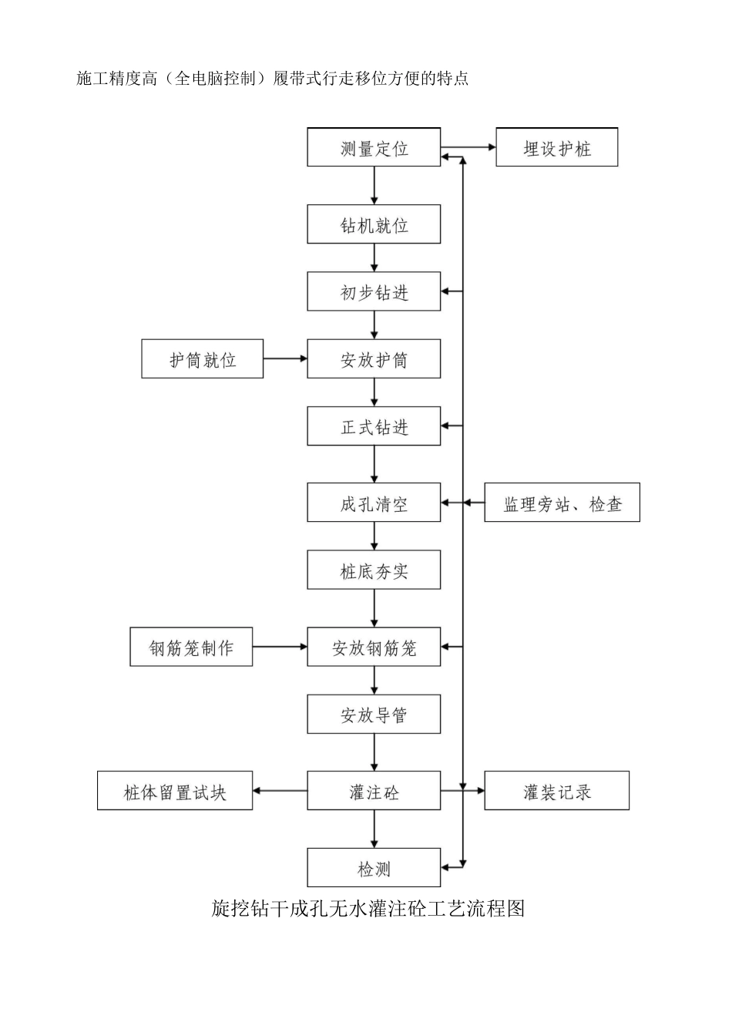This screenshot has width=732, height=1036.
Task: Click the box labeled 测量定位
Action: [374, 147]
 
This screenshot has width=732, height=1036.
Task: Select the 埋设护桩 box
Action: [556, 147]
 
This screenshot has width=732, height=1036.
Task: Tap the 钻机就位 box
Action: [374, 224]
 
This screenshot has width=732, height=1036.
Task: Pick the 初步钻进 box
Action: [374, 291]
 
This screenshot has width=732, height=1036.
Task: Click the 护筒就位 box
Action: [202, 358]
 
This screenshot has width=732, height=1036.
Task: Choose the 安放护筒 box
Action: [374, 358]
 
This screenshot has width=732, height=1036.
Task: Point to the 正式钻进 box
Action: [374, 425]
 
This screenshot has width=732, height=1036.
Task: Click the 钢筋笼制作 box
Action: [191, 647]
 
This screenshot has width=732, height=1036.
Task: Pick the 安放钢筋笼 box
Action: [374, 647]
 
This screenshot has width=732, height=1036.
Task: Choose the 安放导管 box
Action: [374, 714]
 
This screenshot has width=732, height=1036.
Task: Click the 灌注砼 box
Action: [374, 791]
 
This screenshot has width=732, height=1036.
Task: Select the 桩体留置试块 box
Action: [175, 791]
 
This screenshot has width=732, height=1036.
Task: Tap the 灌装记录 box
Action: [556, 791]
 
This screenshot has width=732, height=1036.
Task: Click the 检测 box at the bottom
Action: [374, 868]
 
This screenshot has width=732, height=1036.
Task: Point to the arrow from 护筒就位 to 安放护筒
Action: [285, 358]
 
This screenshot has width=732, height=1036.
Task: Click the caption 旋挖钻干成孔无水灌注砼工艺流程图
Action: [368, 908]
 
